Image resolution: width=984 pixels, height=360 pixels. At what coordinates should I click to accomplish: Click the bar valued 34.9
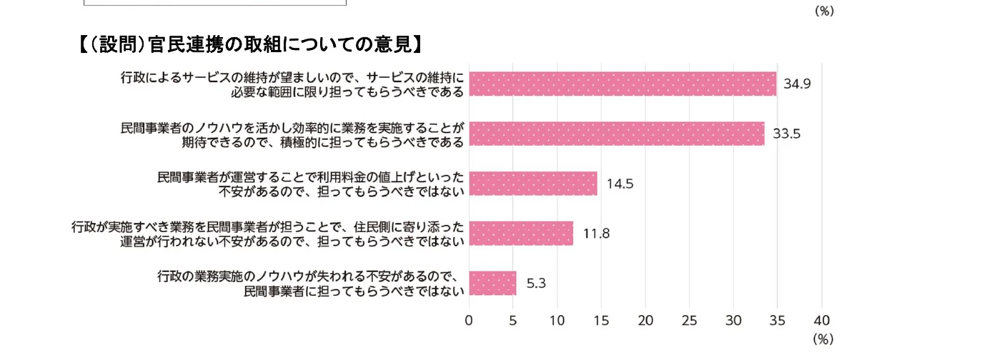pyautogui.click(x=622, y=84)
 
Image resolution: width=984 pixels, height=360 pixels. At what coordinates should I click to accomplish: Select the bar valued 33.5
pyautogui.click(x=616, y=134)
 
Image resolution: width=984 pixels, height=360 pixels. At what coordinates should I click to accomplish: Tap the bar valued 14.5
pyautogui.click(x=532, y=184)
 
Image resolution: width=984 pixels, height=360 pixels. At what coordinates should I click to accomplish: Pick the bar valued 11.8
pyautogui.click(x=521, y=233)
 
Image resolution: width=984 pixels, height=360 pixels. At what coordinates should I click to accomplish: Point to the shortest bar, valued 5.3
pyautogui.click(x=492, y=283)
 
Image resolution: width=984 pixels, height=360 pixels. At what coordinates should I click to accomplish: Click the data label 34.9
pyautogui.click(x=797, y=84)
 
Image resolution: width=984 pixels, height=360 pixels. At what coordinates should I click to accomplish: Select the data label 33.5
pyautogui.click(x=785, y=134)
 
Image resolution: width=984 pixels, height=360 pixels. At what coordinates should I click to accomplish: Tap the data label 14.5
pyautogui.click(x=620, y=184)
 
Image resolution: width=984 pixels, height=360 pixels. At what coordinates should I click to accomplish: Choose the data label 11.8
pyautogui.click(x=596, y=234)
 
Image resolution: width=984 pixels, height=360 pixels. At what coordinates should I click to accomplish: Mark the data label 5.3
pyautogui.click(x=536, y=284)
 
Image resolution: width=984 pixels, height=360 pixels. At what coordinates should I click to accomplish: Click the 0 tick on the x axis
pyautogui.click(x=469, y=321)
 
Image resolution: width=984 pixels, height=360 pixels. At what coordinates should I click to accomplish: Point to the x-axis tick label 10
pyautogui.click(x=557, y=321)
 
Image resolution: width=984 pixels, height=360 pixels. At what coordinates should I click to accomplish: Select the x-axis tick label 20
pyautogui.click(x=645, y=321)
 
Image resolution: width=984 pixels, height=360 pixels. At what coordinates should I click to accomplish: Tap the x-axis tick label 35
pyautogui.click(x=777, y=321)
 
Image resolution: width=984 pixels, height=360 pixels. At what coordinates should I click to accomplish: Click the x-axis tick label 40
pyautogui.click(x=822, y=321)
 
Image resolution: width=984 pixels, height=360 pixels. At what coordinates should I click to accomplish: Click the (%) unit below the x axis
pyautogui.click(x=823, y=339)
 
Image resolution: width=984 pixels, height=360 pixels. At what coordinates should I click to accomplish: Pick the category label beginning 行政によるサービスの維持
pyautogui.click(x=292, y=84)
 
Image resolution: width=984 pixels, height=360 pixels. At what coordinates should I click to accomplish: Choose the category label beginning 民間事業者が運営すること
pyautogui.click(x=311, y=184)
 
